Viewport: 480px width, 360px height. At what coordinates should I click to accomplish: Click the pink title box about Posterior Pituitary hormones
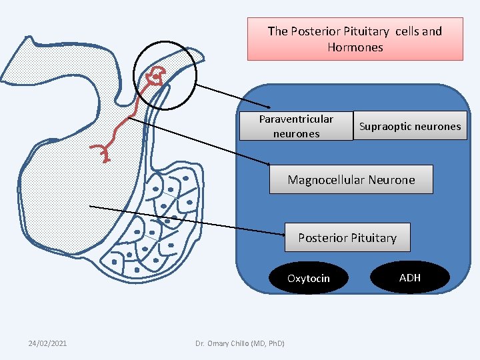point(355,39)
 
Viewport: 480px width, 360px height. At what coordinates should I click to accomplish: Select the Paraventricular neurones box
point(296,126)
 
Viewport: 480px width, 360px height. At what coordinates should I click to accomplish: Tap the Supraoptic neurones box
point(410,126)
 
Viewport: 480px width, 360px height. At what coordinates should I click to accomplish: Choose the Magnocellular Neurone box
point(351,179)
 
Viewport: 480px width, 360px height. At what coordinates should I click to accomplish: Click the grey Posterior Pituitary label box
point(347,237)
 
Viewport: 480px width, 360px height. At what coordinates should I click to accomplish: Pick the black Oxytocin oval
point(308,278)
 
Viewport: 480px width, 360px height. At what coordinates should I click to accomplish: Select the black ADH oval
point(410,277)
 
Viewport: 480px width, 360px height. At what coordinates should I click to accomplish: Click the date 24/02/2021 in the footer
point(47,343)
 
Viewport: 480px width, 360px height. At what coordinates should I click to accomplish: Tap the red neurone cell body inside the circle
point(156,75)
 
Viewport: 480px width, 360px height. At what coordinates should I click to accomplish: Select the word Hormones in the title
point(355,47)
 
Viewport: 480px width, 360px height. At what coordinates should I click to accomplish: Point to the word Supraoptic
point(385,126)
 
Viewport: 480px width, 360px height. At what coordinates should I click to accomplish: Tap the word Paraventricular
point(296,119)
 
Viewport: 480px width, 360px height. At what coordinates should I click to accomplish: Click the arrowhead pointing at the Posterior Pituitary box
point(282,233)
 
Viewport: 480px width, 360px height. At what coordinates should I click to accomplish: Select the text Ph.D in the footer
point(275,343)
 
